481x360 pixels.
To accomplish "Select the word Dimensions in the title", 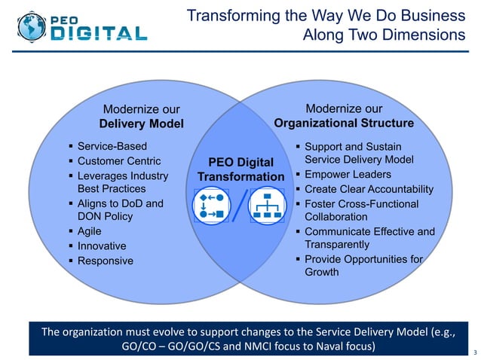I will tap(427, 35).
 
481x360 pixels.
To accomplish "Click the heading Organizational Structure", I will tap(344, 123).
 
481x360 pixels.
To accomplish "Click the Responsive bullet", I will tap(106, 261).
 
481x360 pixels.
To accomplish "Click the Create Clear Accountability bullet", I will tap(369, 189).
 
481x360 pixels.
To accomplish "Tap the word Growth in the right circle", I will tap(322, 272).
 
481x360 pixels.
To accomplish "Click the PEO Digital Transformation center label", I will tap(240, 169).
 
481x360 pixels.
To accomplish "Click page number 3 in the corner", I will tap(473, 352).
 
